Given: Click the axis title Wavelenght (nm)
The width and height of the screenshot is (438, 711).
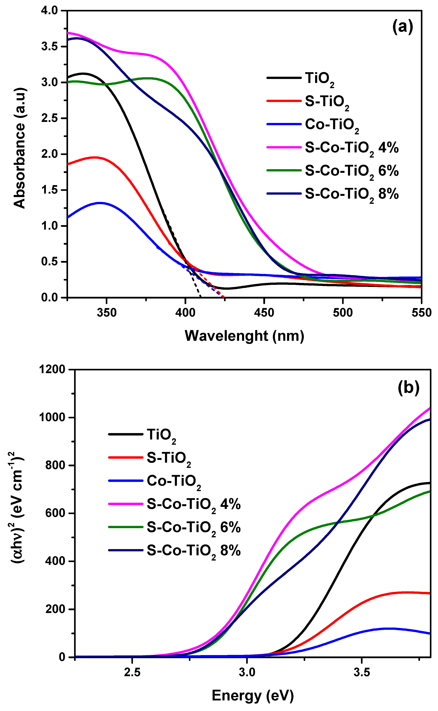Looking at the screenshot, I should [244, 336].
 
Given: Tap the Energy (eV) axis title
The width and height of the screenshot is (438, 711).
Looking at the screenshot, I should [253, 695].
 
